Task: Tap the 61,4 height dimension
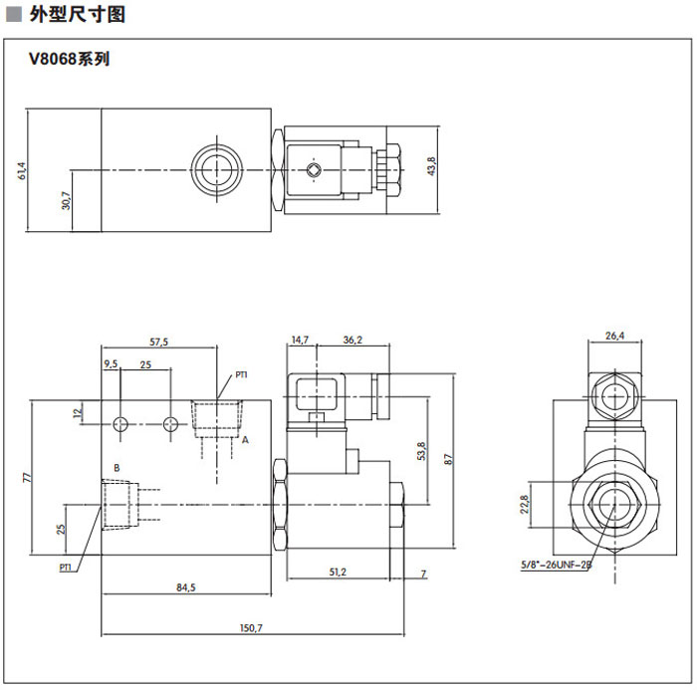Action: point(22,170)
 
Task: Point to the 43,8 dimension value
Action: point(431,165)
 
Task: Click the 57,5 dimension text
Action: point(159,342)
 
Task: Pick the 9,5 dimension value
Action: point(112,365)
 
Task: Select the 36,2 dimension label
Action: point(352,341)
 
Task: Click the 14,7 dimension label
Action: point(301,341)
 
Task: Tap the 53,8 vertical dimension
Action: point(421,452)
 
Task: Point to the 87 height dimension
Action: point(450,458)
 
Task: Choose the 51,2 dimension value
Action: point(337,572)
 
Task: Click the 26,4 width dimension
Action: point(614,336)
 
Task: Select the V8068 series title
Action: point(69,59)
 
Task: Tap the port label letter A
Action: point(245,439)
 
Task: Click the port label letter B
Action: point(116,466)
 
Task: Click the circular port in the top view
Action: point(214,167)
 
